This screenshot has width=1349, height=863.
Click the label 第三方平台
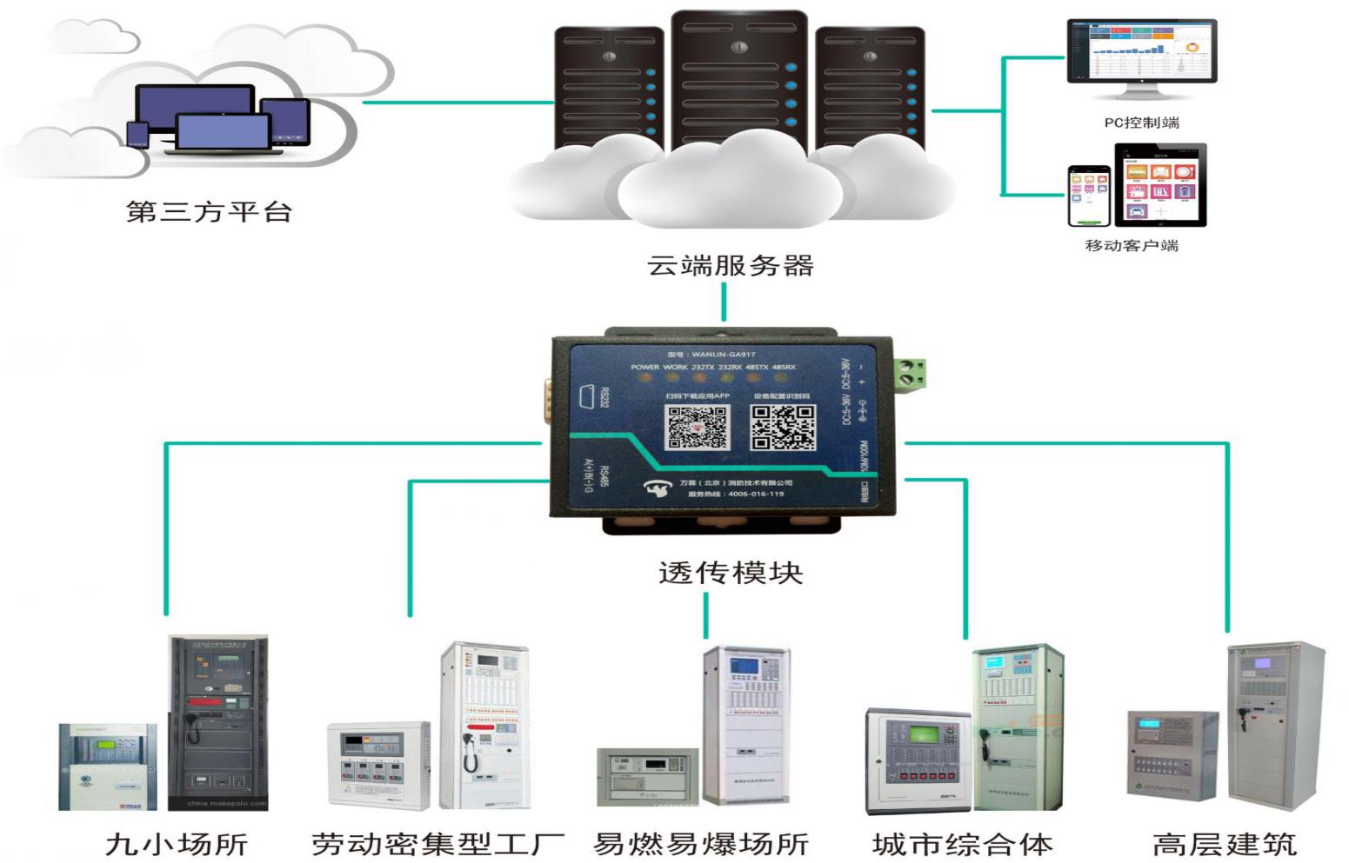[x=209, y=211]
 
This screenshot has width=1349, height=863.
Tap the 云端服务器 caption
[x=730, y=265]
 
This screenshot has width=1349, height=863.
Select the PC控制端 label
[x=1141, y=123]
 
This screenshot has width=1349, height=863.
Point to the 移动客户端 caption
[x=1132, y=245]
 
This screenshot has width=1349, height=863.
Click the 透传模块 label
[x=730, y=573]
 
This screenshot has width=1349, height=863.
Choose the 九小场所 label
[x=177, y=844]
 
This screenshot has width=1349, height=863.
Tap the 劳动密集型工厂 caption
[x=437, y=844]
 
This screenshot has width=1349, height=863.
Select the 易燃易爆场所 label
[x=701, y=844]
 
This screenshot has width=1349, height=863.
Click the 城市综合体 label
[x=962, y=844]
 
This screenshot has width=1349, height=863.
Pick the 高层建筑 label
[x=1224, y=844]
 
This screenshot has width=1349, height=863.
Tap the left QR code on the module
[x=697, y=427]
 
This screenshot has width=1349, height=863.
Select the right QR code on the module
[x=783, y=427]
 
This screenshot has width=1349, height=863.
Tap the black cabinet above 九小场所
[x=218, y=721]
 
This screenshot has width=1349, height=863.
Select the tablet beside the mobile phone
[x=1160, y=185]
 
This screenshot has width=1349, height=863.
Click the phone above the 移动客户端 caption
[x=1089, y=196]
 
